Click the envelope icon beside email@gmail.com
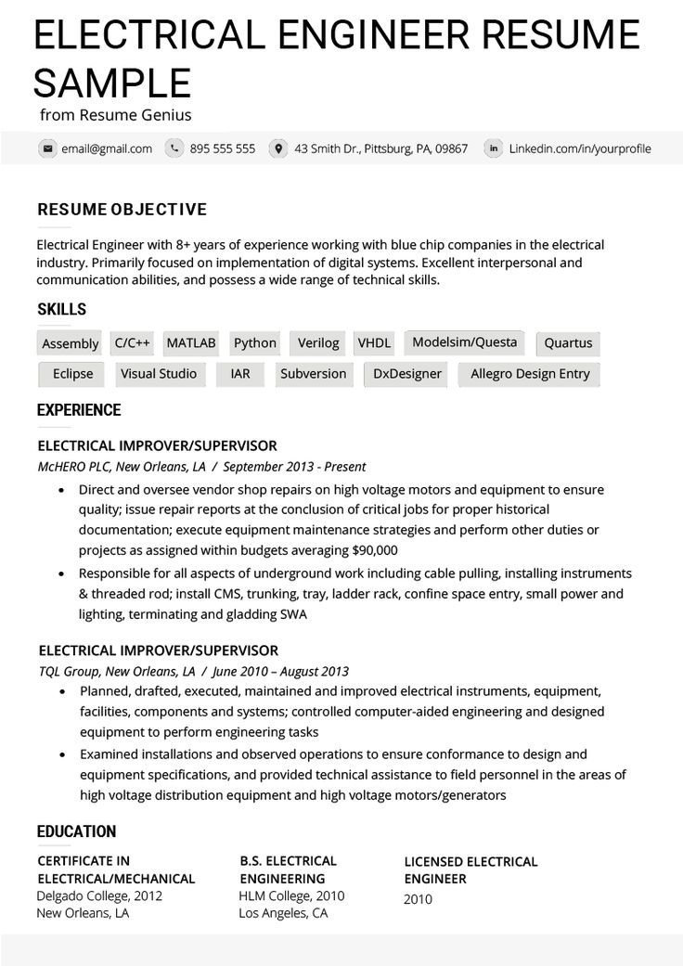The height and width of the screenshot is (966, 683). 46,148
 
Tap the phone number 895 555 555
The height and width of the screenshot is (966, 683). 222,148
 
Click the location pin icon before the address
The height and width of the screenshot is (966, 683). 277,148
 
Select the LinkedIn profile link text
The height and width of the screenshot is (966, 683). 580,148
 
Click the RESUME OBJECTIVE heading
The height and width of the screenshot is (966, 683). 122,210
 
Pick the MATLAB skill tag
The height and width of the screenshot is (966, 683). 191,343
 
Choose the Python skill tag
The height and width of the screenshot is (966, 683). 255,343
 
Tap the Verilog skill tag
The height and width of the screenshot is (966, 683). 318,343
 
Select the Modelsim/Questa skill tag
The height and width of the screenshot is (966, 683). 464,342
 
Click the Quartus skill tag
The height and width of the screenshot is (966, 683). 568,343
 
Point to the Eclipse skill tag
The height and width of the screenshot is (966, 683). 72,374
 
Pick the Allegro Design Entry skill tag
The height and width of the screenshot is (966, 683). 530,375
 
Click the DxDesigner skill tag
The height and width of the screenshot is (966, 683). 406,375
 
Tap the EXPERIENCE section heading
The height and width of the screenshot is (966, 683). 79,410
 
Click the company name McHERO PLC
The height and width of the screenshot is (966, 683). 75,467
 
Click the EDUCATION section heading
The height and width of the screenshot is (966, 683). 76,831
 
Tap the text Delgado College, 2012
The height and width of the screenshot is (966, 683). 99,896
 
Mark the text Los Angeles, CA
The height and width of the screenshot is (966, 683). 283,913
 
